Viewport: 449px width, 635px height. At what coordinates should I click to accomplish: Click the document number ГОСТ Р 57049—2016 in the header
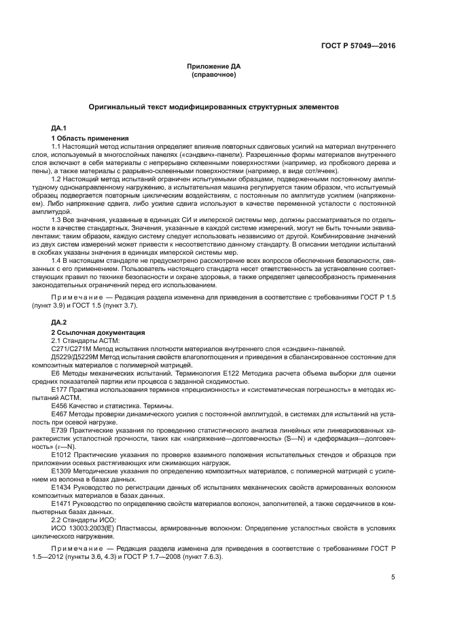(359, 46)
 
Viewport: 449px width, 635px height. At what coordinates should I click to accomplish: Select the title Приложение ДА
(214, 67)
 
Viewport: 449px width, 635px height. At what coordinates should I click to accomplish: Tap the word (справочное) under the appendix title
(214, 74)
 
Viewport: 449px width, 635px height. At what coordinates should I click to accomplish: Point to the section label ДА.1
(59, 128)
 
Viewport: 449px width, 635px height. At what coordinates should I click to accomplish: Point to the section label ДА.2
(59, 321)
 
